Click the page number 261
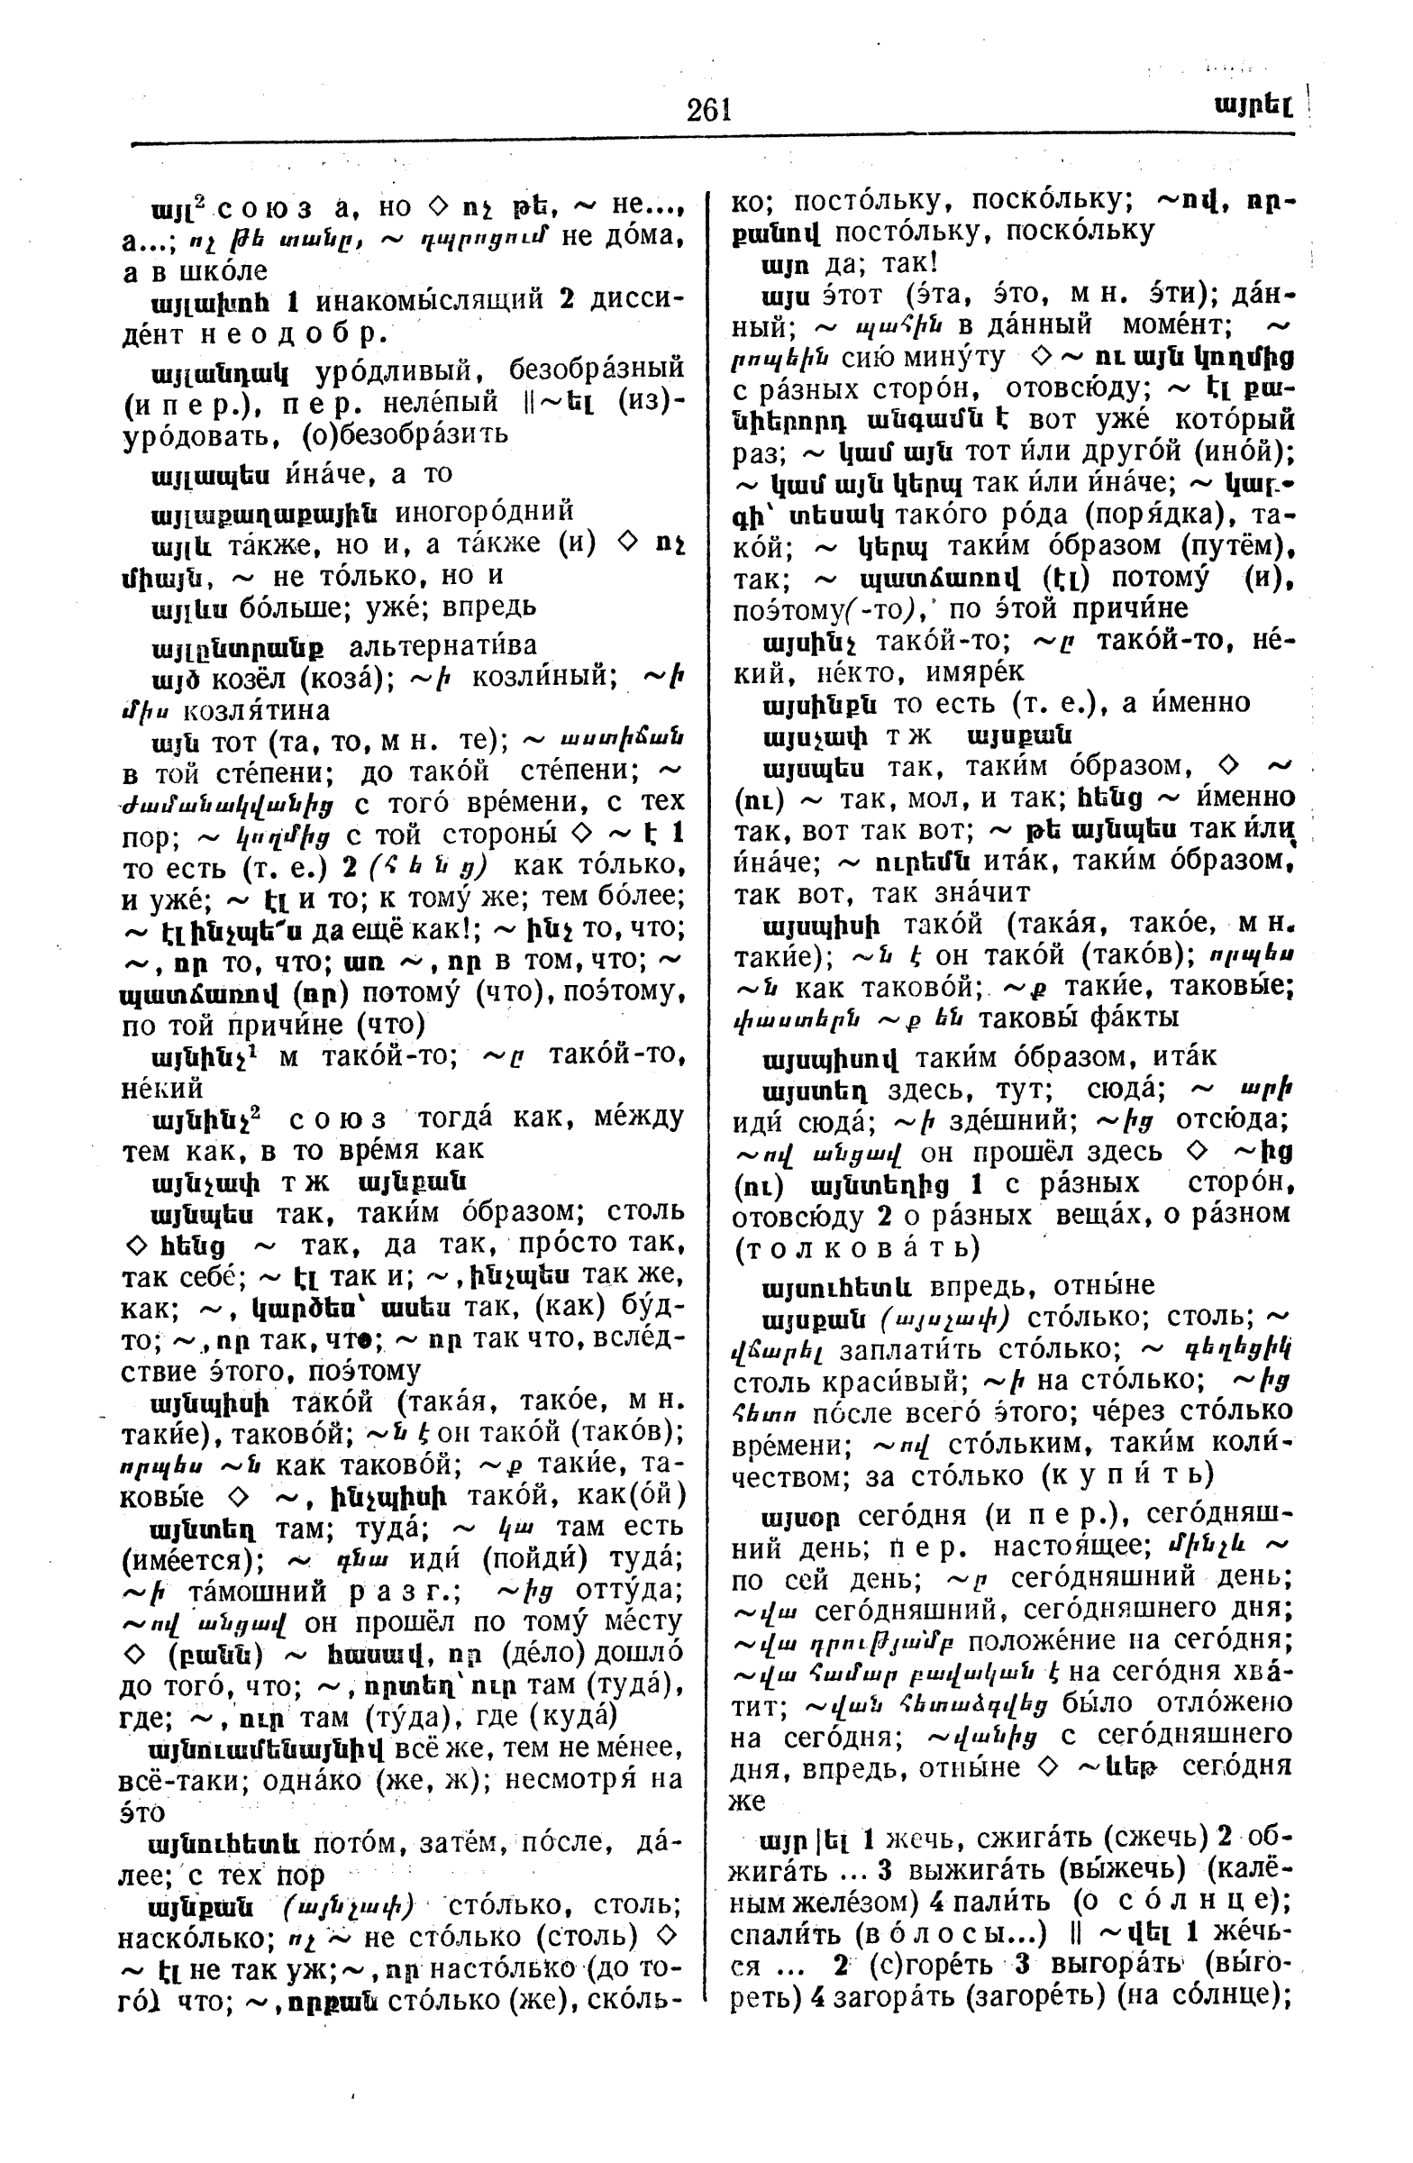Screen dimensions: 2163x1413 tap(709, 110)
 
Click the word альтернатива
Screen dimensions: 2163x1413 tap(443, 646)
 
